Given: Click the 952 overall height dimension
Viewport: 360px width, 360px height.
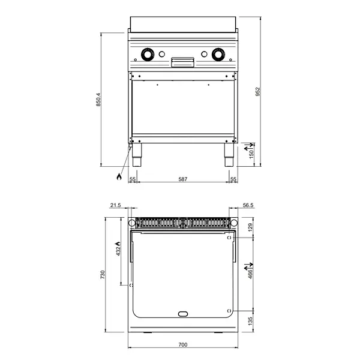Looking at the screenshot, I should point(259,91).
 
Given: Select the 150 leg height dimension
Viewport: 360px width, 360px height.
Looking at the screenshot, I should point(252,154).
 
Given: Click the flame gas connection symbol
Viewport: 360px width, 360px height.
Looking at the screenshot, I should point(119,178).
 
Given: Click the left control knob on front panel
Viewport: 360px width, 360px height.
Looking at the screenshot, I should point(146,55).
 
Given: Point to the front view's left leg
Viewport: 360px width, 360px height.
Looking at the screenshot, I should point(137,154).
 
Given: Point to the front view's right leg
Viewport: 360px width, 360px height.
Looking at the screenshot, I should point(228,154).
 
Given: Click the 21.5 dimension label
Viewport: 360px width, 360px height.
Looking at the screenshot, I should point(116,205).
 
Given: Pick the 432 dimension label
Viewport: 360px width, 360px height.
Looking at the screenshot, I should point(118,250).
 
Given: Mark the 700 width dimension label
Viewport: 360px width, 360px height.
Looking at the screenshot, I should point(182,345).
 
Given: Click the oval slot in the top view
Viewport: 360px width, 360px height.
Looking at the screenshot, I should point(182,314).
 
